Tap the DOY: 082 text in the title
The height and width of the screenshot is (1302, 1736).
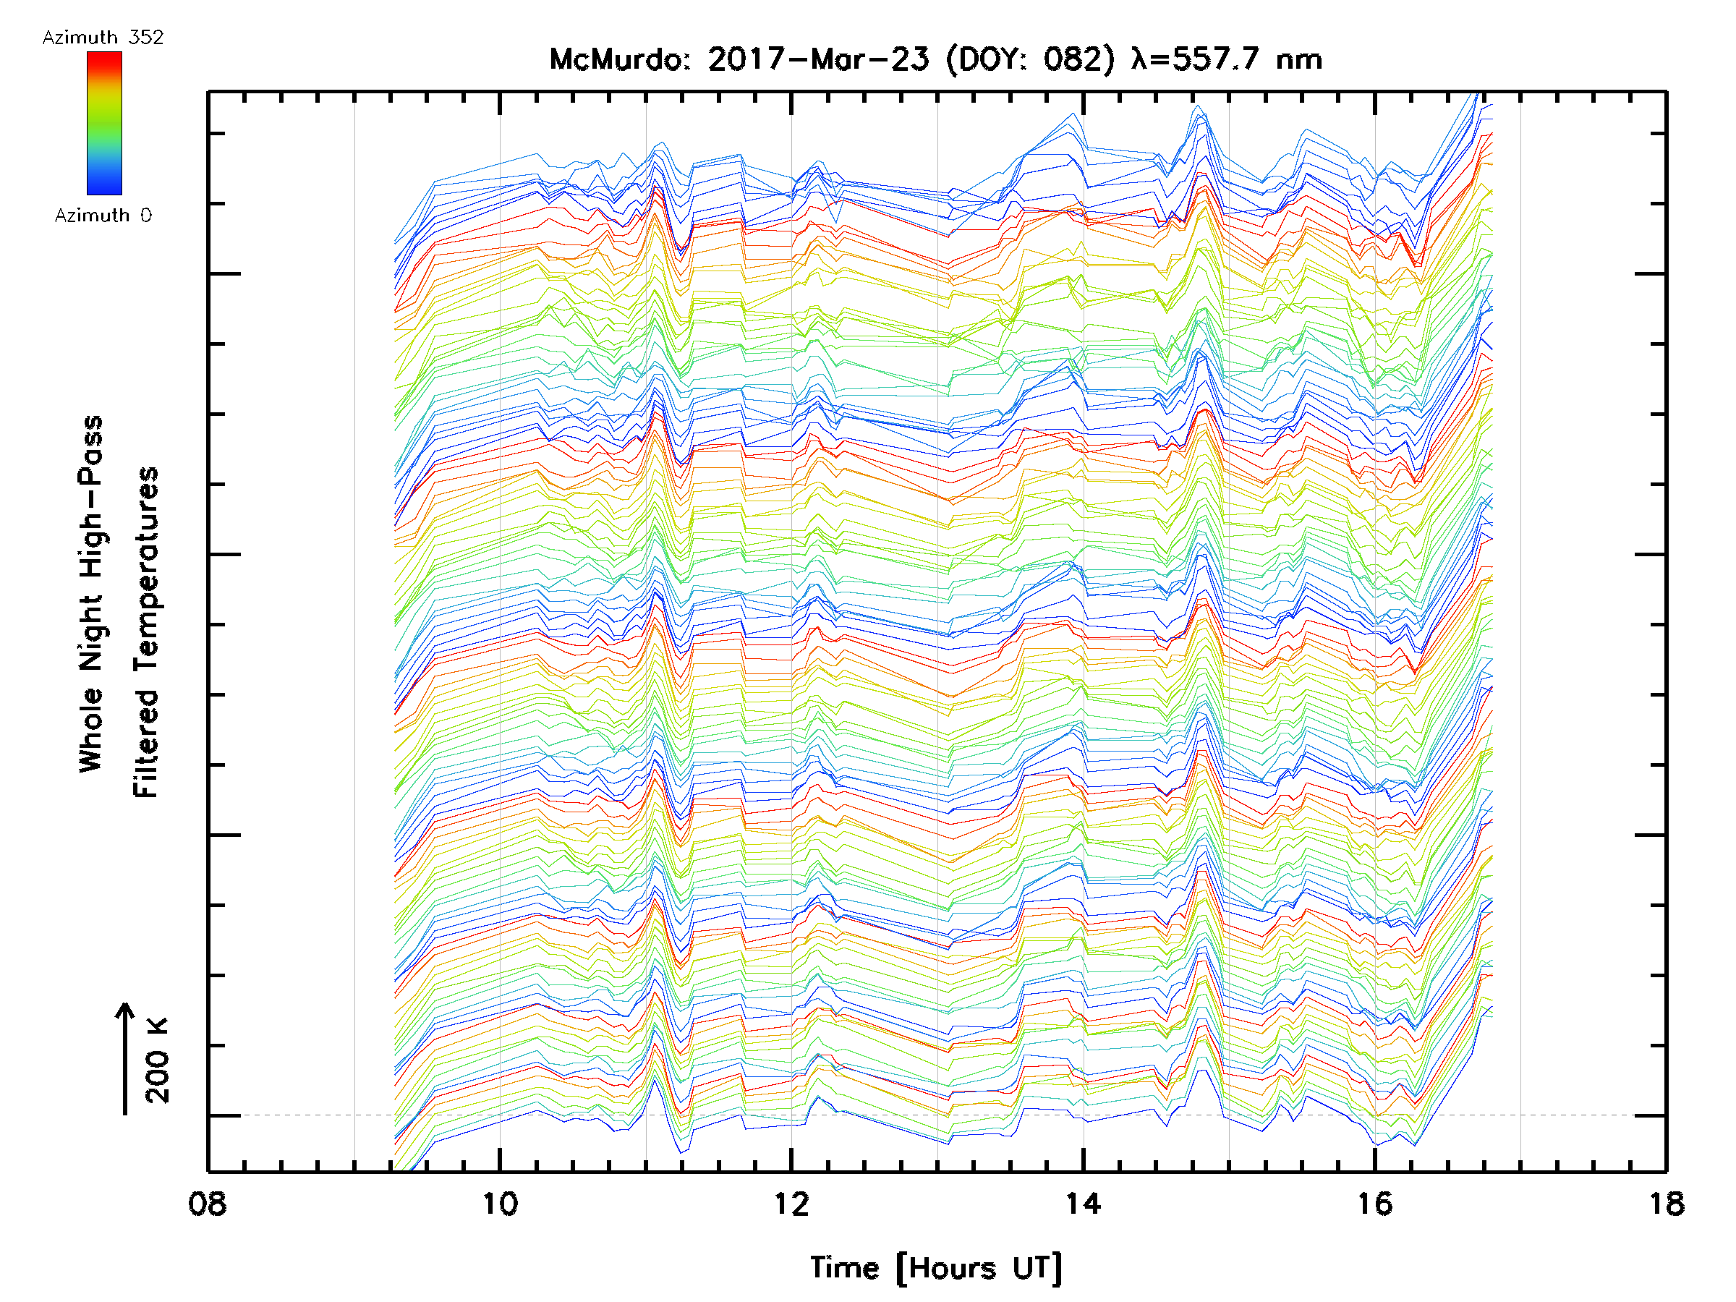coord(1031,59)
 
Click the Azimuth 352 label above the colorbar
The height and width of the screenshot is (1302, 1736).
coord(103,38)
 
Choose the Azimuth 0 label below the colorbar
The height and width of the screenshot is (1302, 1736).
coord(103,215)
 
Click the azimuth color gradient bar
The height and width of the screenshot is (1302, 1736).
coord(104,123)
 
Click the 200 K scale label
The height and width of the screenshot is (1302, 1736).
coord(158,1060)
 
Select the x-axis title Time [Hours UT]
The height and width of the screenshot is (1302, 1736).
coord(936,1268)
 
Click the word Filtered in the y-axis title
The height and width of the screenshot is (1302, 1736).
coord(146,744)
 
